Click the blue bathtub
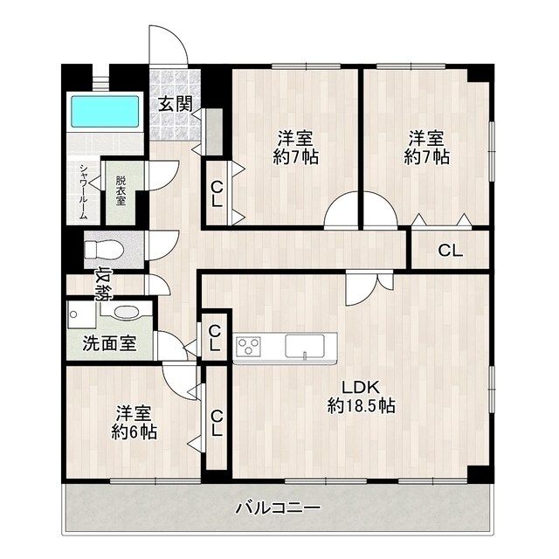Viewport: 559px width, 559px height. tap(104, 111)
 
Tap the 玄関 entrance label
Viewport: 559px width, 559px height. tap(175, 103)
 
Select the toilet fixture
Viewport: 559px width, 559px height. tap(103, 248)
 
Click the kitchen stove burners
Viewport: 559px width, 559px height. tap(249, 346)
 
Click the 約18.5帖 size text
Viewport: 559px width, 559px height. tap(362, 405)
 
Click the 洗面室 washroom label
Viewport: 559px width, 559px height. tap(109, 342)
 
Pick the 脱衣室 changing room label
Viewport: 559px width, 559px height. tap(121, 190)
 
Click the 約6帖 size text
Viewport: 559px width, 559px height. tap(134, 431)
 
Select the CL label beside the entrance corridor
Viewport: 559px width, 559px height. tap(216, 193)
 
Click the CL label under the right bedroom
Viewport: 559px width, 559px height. tap(450, 252)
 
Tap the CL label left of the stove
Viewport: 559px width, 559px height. tap(214, 337)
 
